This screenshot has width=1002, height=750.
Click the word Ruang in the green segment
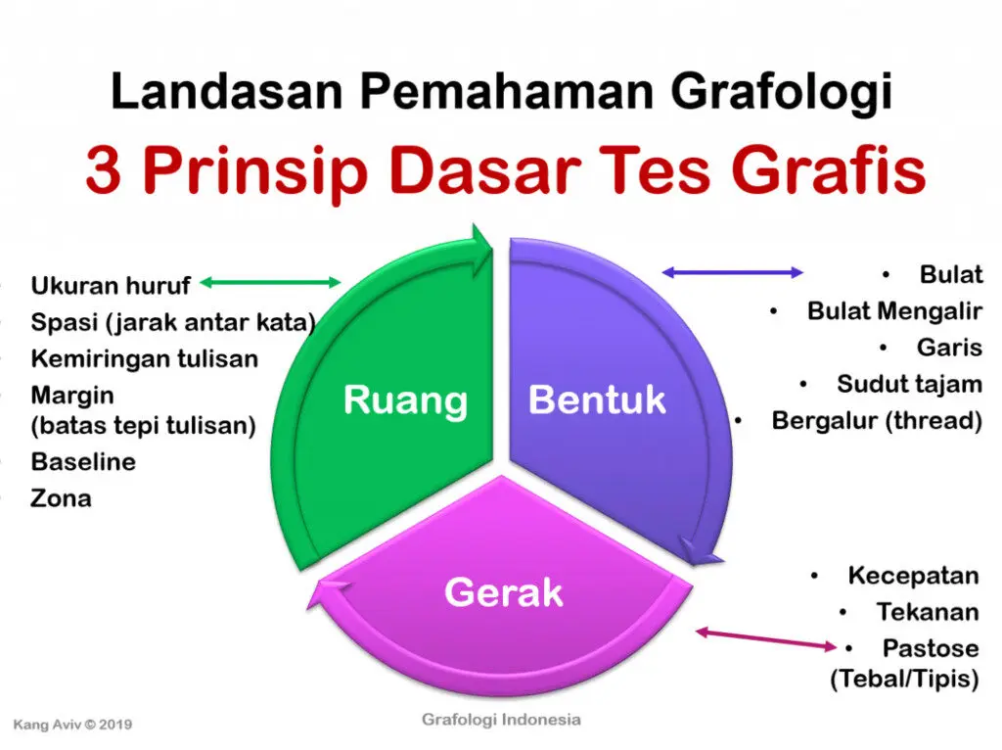[x=405, y=400]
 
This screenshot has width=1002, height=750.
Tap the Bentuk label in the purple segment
[x=597, y=399]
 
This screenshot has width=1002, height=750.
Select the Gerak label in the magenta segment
[x=503, y=591]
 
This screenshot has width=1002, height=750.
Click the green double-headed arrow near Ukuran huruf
[x=270, y=283]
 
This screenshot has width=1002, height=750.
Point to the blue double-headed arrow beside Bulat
[x=733, y=272]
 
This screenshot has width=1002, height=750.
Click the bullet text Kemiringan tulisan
[x=144, y=358]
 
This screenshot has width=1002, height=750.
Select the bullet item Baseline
[x=83, y=461]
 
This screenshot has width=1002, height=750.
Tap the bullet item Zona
[x=61, y=498]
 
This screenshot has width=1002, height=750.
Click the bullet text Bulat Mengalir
[x=893, y=311]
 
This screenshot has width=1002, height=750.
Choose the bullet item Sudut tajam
[x=908, y=384]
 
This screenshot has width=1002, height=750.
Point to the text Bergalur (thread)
[x=876, y=421]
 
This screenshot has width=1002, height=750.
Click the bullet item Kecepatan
[x=912, y=575]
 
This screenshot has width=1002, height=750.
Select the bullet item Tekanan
[x=927, y=612]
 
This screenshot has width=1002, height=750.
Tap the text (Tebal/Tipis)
[x=903, y=679]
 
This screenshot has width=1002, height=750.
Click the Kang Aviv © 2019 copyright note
[x=72, y=726]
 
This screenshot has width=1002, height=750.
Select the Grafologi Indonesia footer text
[x=501, y=720]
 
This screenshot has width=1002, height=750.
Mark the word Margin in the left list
[x=72, y=396]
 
